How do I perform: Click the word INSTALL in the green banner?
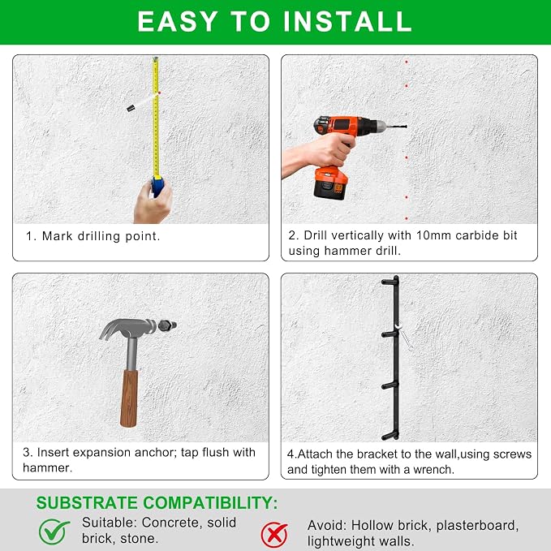click(347, 21)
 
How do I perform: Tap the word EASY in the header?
click(178, 21)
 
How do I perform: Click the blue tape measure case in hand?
click(157, 187)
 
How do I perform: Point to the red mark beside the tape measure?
click(159, 93)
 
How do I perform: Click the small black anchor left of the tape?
click(131, 108)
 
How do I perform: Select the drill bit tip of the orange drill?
click(405, 127)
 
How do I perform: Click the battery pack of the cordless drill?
click(329, 183)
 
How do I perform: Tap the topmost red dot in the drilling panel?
click(407, 62)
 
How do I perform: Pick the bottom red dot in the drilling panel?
click(407, 218)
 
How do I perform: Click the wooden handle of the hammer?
click(129, 398)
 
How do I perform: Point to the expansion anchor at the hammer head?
click(167, 325)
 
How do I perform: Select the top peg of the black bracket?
click(390, 282)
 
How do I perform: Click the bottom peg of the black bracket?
click(390, 437)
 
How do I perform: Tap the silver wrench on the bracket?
click(404, 338)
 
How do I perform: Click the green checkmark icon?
click(54, 532)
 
